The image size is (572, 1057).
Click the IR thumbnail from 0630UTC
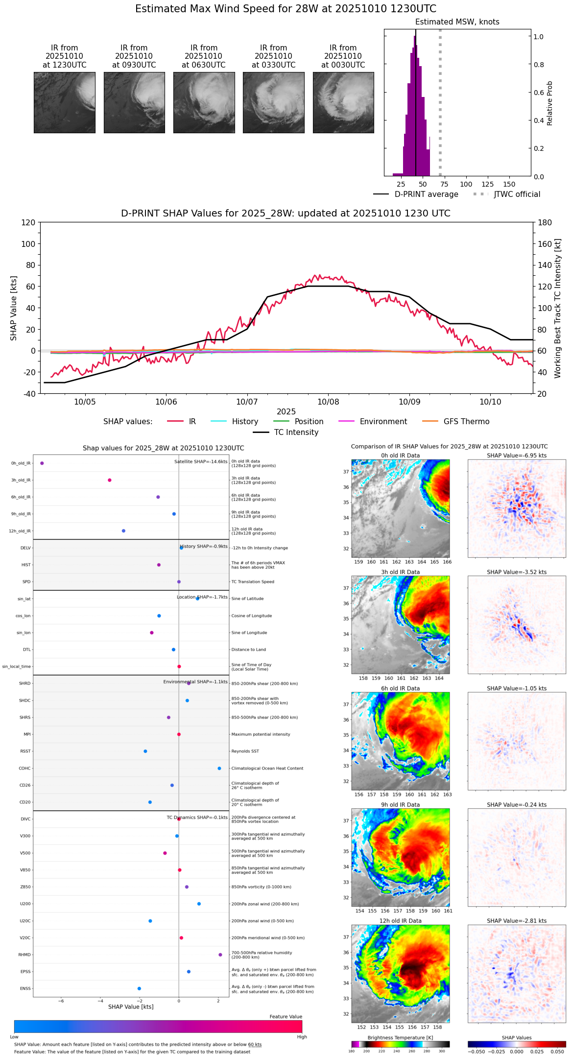coord(204,102)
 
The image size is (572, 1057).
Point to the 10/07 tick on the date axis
coord(247,402)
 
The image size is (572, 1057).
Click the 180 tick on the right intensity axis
coord(545,222)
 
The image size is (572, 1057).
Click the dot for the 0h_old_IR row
coord(42,463)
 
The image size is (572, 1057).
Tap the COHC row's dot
coord(219,769)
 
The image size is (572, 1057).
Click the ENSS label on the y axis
coord(25,989)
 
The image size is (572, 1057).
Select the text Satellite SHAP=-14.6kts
coord(201,462)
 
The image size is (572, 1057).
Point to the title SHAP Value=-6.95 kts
coord(517,456)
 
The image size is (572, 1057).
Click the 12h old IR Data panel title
coord(400,921)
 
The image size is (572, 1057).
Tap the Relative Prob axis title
coord(549,103)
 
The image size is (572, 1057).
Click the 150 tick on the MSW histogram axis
coord(509,185)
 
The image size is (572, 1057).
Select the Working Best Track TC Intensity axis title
coord(558,309)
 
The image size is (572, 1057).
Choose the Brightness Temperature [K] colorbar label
coord(400,1037)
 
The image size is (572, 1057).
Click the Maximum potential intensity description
coord(261,735)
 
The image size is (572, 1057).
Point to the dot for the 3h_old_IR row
coord(110,480)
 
